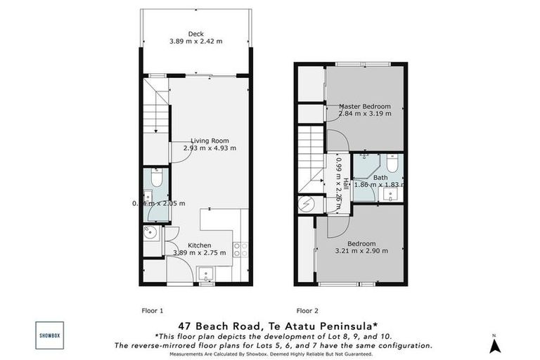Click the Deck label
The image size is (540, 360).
(x=195, y=33)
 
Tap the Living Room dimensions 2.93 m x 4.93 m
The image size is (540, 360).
(x=210, y=148)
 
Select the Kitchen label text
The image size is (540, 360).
(x=199, y=245)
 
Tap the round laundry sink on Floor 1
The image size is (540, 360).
(x=150, y=233)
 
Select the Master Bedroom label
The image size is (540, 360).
(x=364, y=106)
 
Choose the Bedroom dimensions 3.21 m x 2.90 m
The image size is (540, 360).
(x=361, y=250)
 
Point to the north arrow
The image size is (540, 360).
(x=494, y=345)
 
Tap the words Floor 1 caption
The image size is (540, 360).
(x=153, y=310)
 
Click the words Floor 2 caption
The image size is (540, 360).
(x=307, y=310)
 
